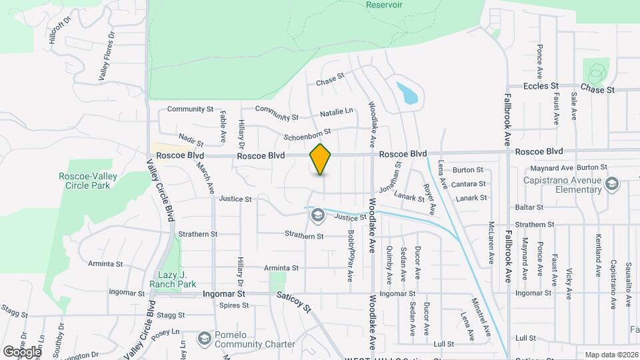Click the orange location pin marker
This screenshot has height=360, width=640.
click(321, 159)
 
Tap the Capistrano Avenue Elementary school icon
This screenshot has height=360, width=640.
click(611, 183)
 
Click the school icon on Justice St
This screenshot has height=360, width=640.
click(317, 215)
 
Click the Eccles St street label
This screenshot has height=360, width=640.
click(541, 87)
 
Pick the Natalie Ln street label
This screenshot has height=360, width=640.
click(337, 111)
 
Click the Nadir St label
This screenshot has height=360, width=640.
click(191, 141)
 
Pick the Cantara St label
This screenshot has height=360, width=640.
click(468, 184)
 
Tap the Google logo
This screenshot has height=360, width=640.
click(21, 351)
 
